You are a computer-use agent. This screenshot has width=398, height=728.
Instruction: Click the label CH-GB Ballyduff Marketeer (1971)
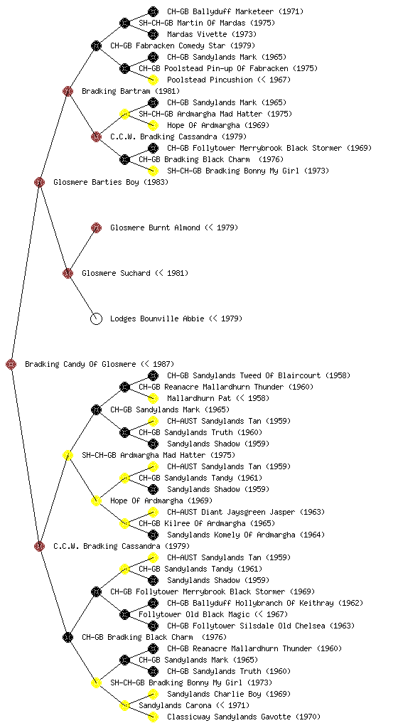(x=235, y=11)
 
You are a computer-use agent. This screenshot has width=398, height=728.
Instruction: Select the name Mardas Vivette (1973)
(x=212, y=34)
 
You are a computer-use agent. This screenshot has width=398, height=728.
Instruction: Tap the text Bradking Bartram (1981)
(x=131, y=91)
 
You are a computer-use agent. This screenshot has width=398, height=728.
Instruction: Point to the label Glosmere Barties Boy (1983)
(x=111, y=182)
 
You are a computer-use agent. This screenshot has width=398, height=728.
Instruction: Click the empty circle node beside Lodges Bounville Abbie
(x=96, y=319)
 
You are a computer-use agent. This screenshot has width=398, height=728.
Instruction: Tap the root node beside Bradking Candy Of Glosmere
(x=11, y=365)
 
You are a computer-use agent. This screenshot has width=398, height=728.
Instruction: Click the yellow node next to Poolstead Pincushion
(x=153, y=80)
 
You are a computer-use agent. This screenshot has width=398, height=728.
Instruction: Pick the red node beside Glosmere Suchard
(x=68, y=274)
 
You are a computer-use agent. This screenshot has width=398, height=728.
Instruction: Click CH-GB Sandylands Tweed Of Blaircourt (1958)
(x=259, y=375)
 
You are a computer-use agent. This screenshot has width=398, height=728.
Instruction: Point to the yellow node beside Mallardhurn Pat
(x=153, y=398)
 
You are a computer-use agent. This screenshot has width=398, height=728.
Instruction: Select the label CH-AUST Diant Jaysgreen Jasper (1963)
(x=246, y=512)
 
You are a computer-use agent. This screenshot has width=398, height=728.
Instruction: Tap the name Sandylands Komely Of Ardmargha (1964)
(x=246, y=535)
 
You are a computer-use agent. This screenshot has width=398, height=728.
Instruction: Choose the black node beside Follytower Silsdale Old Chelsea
(x=153, y=626)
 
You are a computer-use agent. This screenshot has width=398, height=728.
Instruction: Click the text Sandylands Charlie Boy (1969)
(x=229, y=694)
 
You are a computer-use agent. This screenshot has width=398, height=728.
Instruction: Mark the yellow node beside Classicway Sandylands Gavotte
(x=153, y=717)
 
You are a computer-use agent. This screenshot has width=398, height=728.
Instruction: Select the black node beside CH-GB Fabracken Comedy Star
(x=96, y=46)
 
